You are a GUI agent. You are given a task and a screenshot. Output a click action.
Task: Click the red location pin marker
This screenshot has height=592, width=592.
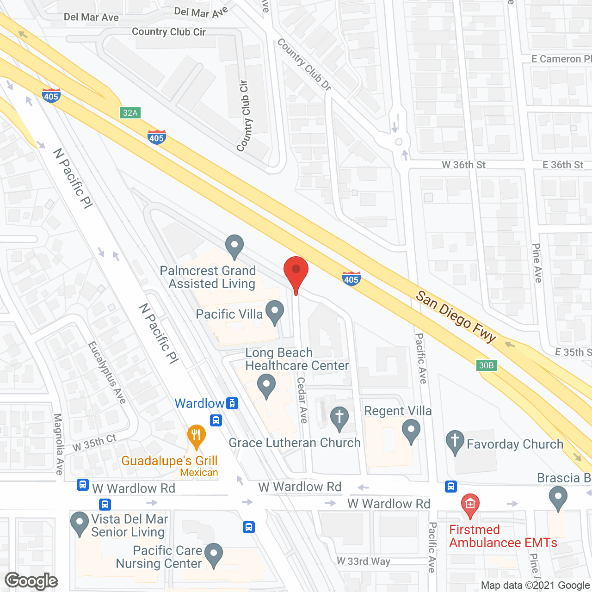(x=296, y=271)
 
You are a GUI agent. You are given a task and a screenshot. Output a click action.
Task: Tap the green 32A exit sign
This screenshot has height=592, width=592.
(x=130, y=113)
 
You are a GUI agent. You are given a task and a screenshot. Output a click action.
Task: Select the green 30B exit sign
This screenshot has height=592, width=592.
(x=486, y=365)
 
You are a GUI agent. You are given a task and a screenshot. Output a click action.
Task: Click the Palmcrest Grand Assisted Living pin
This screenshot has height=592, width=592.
(x=234, y=246)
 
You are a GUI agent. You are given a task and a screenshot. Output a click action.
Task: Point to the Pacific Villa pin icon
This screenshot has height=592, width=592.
(x=275, y=312)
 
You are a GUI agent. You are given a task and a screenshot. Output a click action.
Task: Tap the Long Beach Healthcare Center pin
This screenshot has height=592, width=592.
(x=266, y=385)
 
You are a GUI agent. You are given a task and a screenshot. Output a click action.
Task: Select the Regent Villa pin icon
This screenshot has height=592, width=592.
(x=411, y=430)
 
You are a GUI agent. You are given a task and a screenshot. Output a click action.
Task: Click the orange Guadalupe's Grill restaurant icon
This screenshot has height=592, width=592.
(x=197, y=436)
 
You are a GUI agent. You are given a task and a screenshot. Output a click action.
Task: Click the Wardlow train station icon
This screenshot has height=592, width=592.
(x=232, y=403)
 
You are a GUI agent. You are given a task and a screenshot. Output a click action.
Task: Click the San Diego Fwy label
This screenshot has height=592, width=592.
(x=456, y=316)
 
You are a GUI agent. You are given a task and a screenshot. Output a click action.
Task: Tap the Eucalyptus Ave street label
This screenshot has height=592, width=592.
(x=107, y=373)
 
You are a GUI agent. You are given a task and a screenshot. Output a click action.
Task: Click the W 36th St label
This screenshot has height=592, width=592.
(x=463, y=165)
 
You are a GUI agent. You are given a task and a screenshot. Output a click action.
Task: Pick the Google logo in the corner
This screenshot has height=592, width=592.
(x=31, y=581)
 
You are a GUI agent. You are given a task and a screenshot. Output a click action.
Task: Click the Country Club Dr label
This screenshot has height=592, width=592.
(x=304, y=64)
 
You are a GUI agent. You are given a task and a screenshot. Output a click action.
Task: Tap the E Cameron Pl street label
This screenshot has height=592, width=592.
(x=561, y=59)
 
